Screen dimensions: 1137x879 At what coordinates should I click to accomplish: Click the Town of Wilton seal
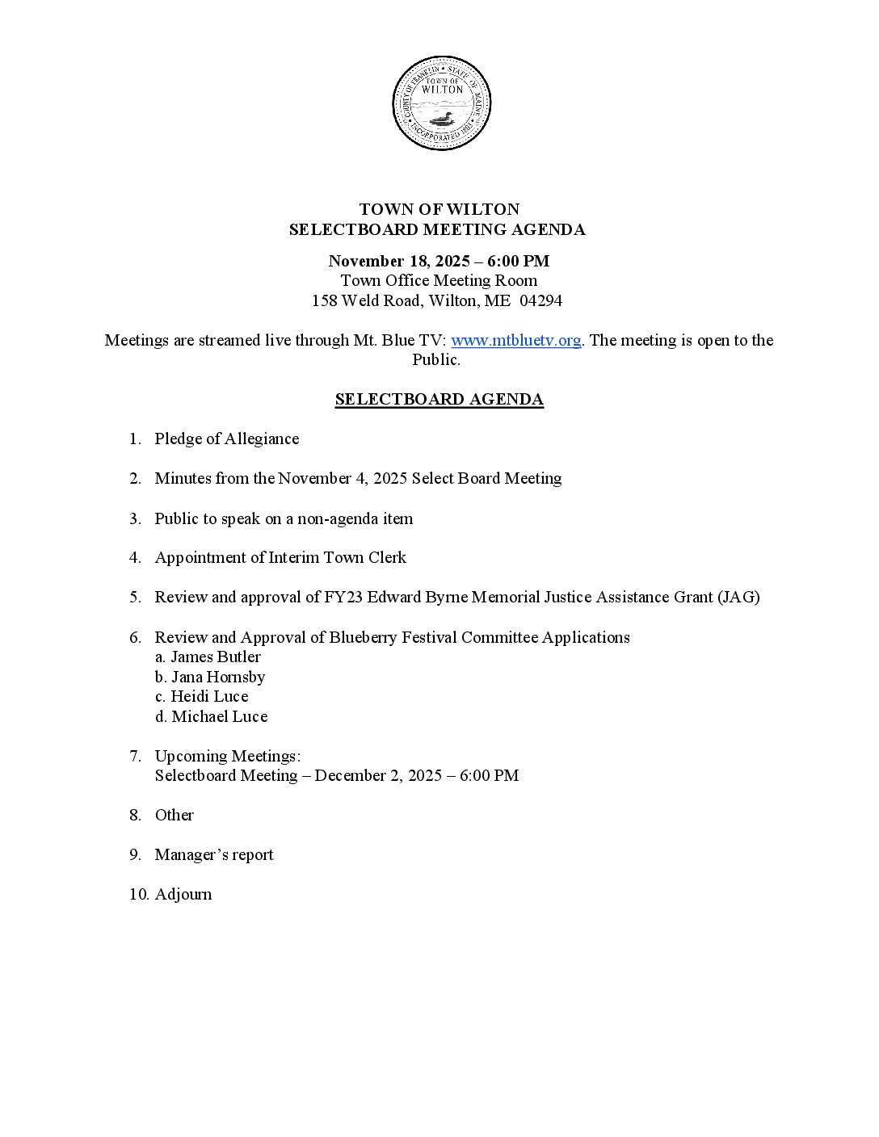pyautogui.click(x=441, y=103)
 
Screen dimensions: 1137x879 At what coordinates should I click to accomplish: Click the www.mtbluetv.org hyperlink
pyautogui.click(x=515, y=340)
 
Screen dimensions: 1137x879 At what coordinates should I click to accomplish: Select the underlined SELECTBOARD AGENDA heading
pyautogui.click(x=439, y=399)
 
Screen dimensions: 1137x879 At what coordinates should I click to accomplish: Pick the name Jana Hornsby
pyautogui.click(x=217, y=677)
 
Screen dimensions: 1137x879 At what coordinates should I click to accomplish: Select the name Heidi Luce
pyautogui.click(x=209, y=696)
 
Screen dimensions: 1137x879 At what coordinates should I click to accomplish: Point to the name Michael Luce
pyautogui.click(x=219, y=716)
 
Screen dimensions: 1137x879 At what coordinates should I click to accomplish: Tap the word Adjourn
pyautogui.click(x=183, y=894)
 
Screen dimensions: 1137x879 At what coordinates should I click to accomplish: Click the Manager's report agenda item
pyautogui.click(x=214, y=854)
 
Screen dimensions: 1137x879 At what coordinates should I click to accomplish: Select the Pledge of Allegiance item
pyautogui.click(x=227, y=438)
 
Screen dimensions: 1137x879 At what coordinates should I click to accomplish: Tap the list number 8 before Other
pyautogui.click(x=134, y=815)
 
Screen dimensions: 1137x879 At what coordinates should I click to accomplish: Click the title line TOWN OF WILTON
pyautogui.click(x=439, y=210)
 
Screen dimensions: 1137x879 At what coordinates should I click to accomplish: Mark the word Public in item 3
pyautogui.click(x=176, y=518)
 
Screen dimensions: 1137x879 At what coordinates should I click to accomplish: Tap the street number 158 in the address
pyautogui.click(x=324, y=300)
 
